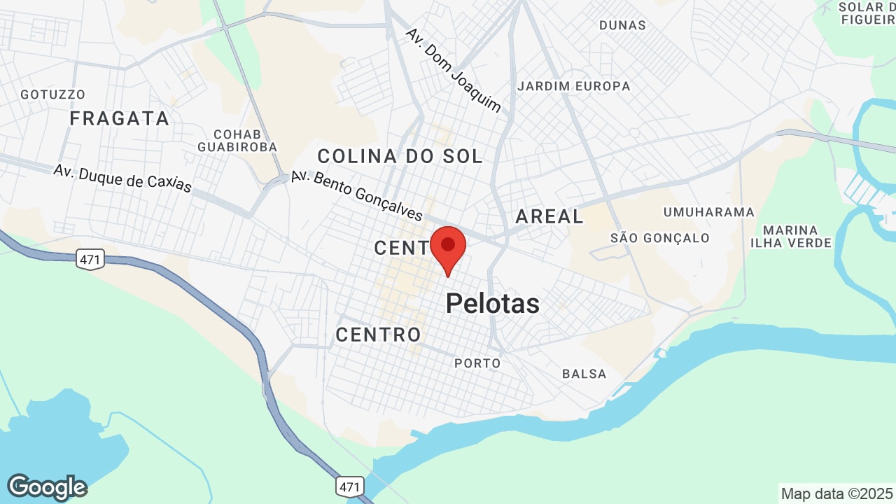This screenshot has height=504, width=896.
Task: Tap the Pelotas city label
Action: (x=493, y=304)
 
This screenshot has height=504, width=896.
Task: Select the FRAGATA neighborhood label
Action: (x=120, y=118)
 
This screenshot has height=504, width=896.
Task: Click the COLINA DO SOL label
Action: (x=400, y=156)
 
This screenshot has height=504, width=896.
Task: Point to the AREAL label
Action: (x=549, y=216)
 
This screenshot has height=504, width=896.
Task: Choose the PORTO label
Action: (x=477, y=363)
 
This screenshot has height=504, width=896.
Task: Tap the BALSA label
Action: (x=584, y=374)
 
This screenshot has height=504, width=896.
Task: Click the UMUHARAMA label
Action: (x=709, y=212)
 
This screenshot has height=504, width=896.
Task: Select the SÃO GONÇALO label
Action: (x=660, y=238)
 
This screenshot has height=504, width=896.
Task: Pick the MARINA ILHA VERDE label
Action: (x=791, y=237)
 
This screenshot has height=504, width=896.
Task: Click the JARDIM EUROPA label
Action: (x=573, y=86)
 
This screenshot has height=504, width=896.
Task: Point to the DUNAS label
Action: (x=622, y=25)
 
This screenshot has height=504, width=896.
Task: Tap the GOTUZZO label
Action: (x=53, y=94)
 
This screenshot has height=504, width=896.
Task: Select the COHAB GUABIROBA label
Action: (x=237, y=141)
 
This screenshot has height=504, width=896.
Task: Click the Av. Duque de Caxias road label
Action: (x=122, y=178)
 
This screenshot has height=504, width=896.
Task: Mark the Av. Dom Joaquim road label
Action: (x=454, y=70)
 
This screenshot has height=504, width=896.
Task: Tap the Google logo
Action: (x=47, y=487)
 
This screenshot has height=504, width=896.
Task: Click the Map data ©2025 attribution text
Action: (x=837, y=493)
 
